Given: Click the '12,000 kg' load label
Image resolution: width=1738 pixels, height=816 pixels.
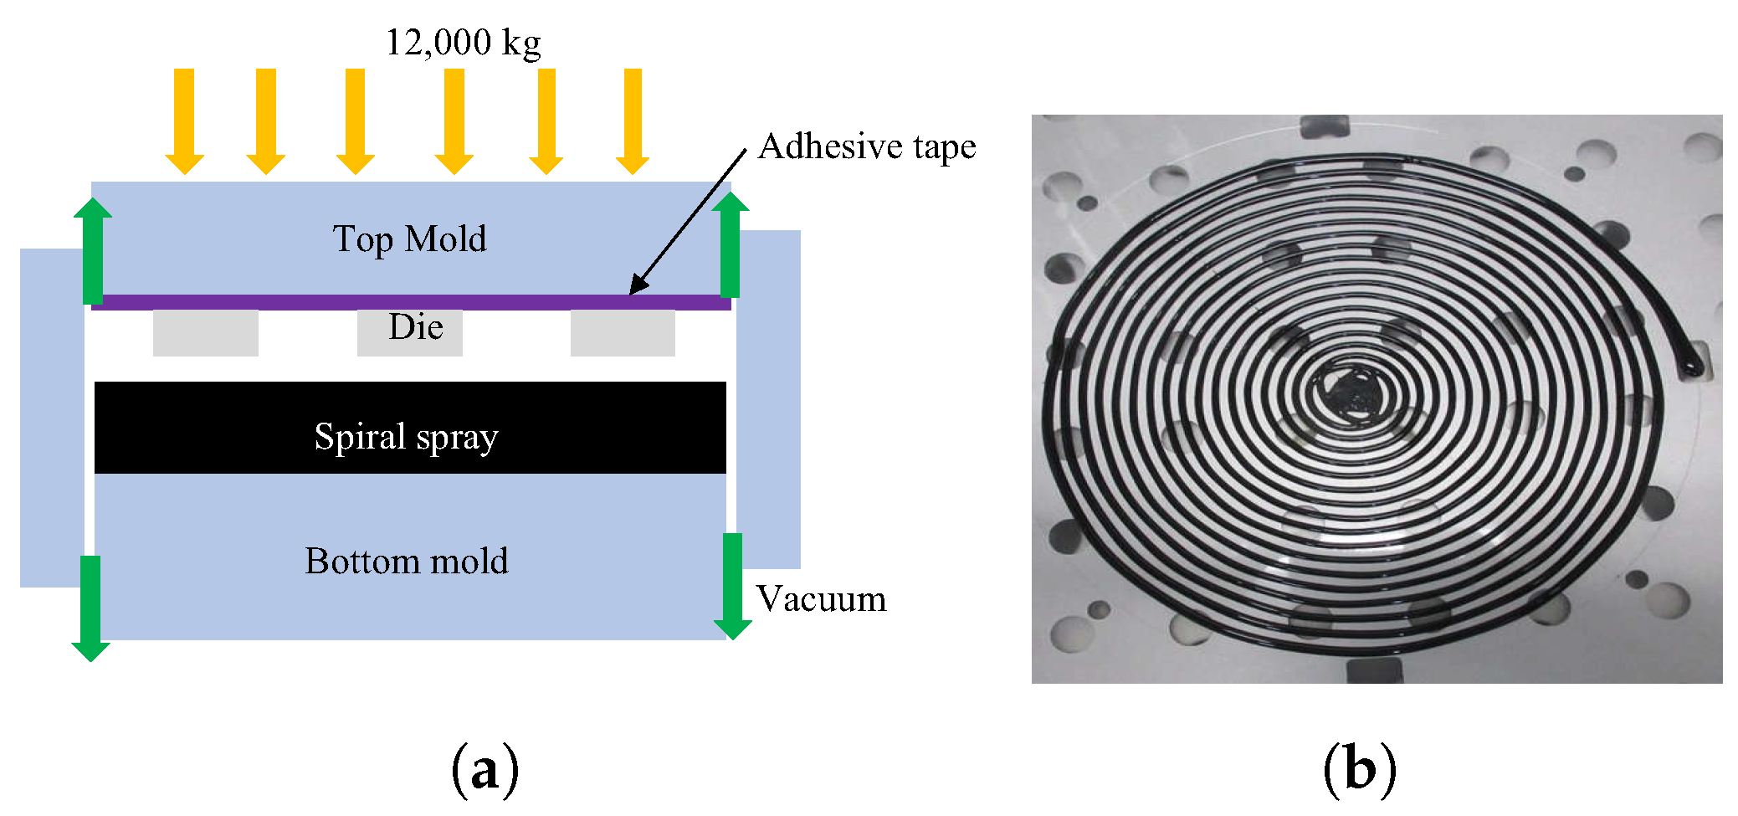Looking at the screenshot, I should (463, 42).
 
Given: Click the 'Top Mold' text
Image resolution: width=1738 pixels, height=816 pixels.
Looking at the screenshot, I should (409, 239).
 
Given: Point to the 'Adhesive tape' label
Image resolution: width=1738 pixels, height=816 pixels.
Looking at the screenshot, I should (867, 146).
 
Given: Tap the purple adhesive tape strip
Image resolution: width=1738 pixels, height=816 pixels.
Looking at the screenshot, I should (411, 302).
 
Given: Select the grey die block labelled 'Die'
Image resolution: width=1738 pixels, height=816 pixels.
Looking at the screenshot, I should (410, 332).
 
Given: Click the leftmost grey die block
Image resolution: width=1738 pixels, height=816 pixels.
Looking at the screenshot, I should (205, 332).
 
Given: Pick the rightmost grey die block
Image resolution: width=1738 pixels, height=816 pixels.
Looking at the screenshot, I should (623, 332).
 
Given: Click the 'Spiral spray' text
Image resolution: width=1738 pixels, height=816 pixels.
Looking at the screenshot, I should (407, 436).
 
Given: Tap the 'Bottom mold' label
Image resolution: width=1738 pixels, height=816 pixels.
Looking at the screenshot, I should (407, 561).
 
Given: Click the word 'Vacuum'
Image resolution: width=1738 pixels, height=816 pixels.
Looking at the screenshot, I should (821, 599).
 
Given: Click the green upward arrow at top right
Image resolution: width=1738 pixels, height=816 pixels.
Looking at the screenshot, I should (731, 244).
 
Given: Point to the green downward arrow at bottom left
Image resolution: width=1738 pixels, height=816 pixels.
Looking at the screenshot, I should (90, 608).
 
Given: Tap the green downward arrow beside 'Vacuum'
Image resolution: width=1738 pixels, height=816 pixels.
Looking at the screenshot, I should (732, 586).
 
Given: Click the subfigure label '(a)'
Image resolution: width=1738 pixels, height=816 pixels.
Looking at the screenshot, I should (484, 770).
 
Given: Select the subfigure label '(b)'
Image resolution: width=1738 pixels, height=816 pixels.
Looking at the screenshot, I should (1359, 770).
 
